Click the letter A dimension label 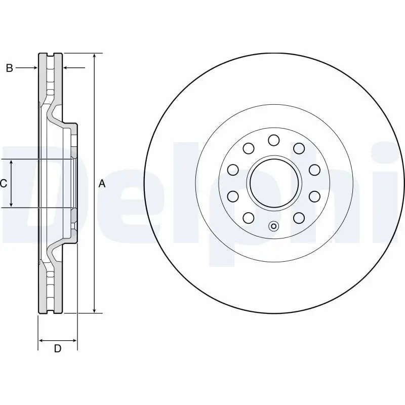pyautogui.click(x=102, y=184)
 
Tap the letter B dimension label pyautogui.click(x=9, y=68)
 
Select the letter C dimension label pyautogui.click(x=3, y=184)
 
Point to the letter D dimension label pyautogui.click(x=58, y=348)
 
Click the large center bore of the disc pyautogui.click(x=274, y=183)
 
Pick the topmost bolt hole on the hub pyautogui.click(x=274, y=140)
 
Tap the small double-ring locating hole pyautogui.click(x=274, y=226)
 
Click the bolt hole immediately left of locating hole pyautogui.click(x=249, y=218)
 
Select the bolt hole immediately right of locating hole pyautogui.click(x=299, y=218)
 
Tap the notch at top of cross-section pyautogui.click(x=51, y=54)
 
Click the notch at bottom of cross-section pyautogui.click(x=51, y=311)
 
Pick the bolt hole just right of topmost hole pyautogui.click(x=299, y=148)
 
